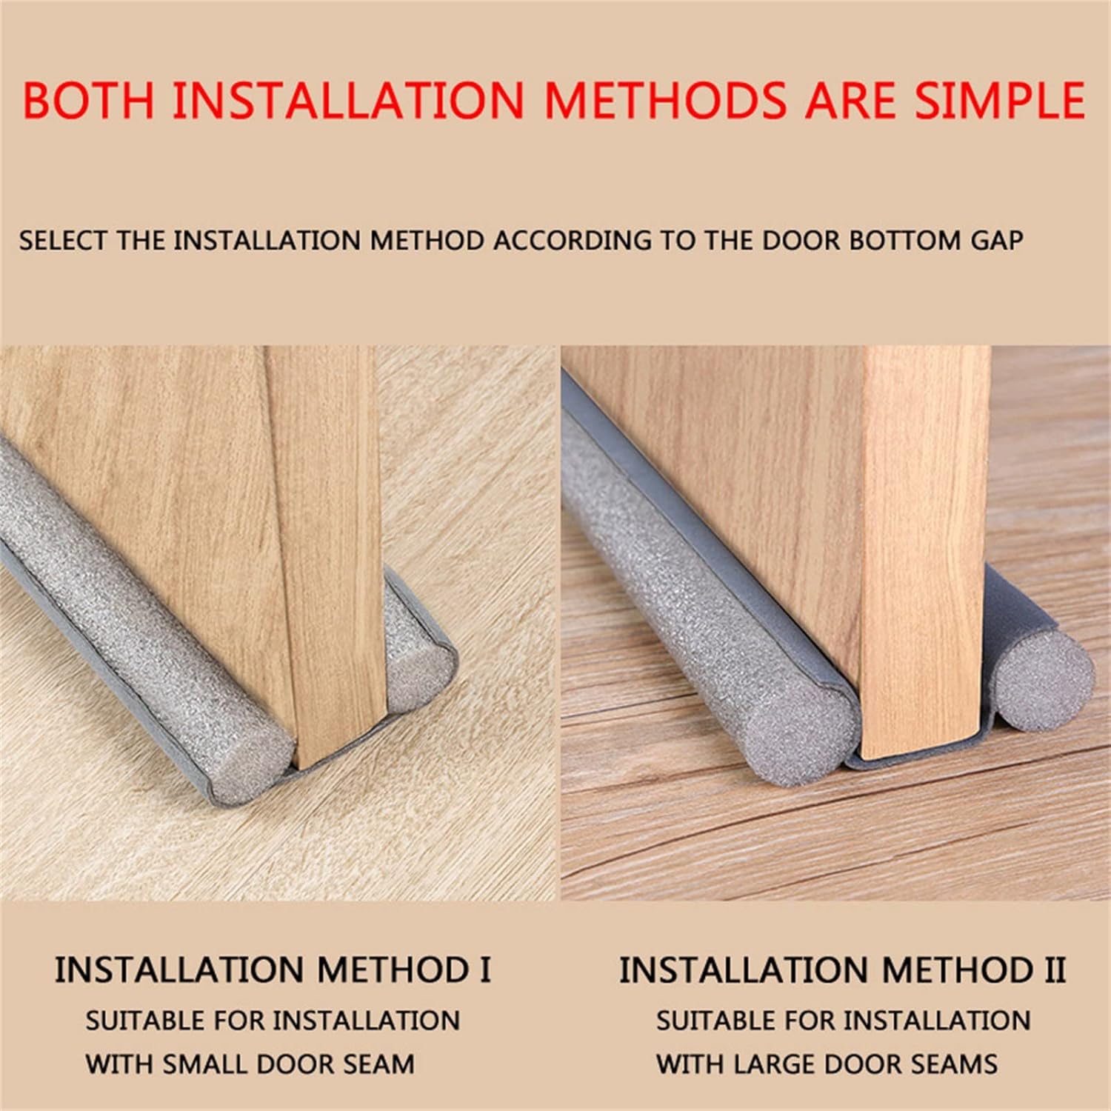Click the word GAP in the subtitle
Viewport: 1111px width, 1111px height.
997,241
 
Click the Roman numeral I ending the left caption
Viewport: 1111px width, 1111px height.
485,970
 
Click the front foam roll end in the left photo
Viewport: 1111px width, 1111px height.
252,763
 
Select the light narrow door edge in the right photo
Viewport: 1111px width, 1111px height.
926,548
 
